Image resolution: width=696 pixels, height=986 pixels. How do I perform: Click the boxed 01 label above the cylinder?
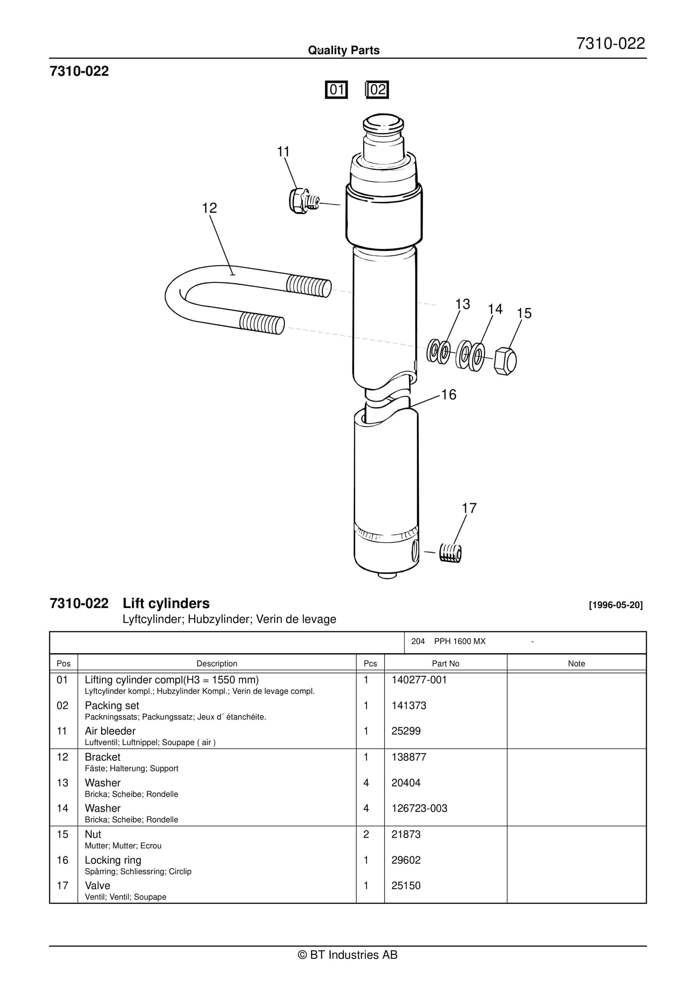(x=336, y=90)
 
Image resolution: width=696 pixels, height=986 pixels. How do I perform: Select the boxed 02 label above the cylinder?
(x=377, y=90)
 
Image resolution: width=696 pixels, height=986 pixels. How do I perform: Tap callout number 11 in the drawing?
(x=283, y=152)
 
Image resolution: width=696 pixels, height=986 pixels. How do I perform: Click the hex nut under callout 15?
(x=505, y=361)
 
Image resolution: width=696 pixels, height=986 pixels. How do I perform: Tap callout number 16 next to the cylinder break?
(x=449, y=395)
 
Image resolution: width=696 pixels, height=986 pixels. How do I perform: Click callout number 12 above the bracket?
(x=209, y=208)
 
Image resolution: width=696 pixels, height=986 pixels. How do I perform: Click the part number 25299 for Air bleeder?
(x=406, y=731)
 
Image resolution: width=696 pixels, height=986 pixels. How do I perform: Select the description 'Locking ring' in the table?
(x=113, y=860)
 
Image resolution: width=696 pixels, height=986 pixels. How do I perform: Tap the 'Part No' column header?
(x=445, y=663)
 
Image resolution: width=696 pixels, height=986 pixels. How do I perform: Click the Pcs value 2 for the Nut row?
(x=366, y=834)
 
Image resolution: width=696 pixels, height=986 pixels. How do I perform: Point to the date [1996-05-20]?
(x=616, y=605)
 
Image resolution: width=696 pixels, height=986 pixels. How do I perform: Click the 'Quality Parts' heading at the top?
(x=344, y=50)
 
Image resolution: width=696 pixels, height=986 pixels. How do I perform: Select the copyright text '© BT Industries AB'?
(x=348, y=955)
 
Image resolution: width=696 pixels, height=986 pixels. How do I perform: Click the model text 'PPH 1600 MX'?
(x=460, y=641)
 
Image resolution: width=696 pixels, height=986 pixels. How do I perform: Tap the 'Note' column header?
(x=576, y=663)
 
